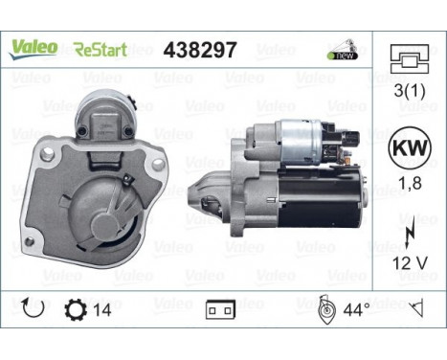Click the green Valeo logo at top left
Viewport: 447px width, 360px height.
33,48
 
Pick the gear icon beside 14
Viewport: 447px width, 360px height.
73,310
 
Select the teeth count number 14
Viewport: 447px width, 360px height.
101,310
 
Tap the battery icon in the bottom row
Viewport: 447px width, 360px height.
219,310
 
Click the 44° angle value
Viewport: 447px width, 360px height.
356,310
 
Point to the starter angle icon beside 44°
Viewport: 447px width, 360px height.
324,308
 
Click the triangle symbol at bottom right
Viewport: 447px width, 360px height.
416,309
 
